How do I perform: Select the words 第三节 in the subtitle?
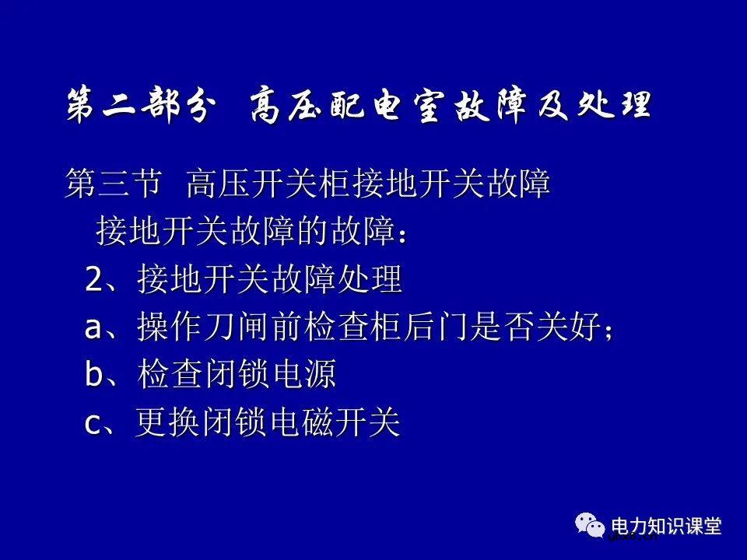click(x=114, y=186)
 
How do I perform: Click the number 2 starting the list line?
click(x=93, y=279)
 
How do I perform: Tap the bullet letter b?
click(x=93, y=375)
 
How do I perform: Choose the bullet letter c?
click(x=93, y=424)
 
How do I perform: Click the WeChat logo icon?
click(x=591, y=526)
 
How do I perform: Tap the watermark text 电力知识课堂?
click(x=667, y=526)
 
